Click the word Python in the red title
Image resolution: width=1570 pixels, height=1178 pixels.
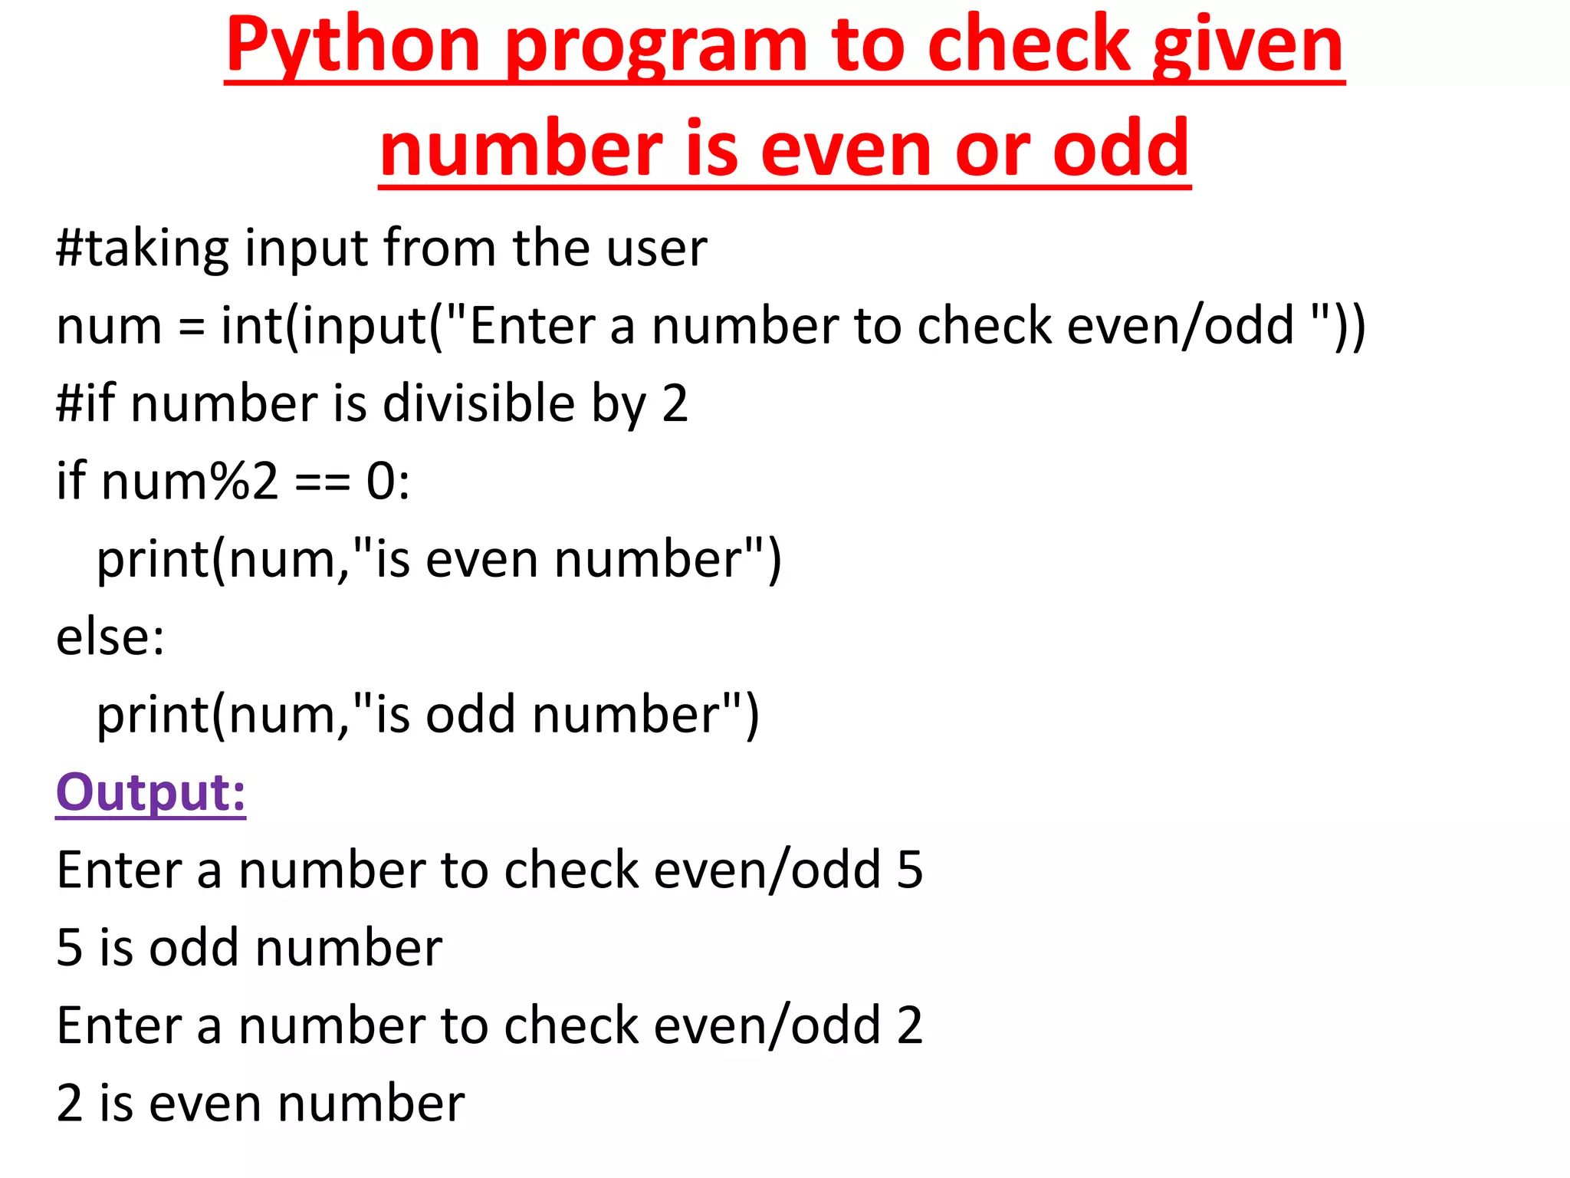coord(353,46)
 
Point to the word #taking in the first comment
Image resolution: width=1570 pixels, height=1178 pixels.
coord(143,248)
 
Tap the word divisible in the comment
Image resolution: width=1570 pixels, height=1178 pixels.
coord(479,404)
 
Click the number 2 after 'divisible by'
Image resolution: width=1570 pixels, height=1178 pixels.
coord(675,404)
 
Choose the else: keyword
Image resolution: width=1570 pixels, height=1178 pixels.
coord(110,637)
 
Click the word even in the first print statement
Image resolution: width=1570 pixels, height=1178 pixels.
coord(481,560)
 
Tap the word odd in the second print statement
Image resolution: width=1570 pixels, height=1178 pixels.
coord(470,715)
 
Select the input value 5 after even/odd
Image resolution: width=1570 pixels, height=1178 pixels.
coord(910,870)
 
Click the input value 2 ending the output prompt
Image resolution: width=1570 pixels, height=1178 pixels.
coord(910,1026)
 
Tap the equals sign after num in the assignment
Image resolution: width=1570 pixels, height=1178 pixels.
coord(192,327)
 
